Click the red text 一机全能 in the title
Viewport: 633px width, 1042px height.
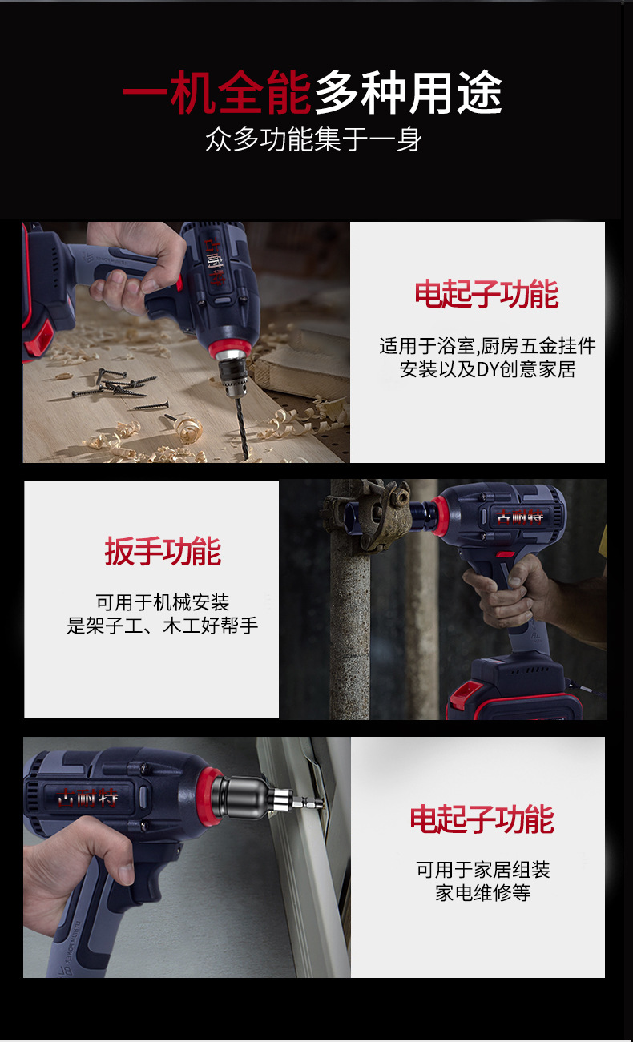point(217,92)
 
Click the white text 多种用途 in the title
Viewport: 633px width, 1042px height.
point(409,92)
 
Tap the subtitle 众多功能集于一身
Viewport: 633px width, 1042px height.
point(314,139)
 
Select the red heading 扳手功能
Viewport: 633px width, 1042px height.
point(163,551)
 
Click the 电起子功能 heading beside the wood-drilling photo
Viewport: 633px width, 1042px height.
point(486,293)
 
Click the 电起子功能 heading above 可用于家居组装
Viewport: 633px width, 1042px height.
point(482,819)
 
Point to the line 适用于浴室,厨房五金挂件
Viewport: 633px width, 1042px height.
point(487,346)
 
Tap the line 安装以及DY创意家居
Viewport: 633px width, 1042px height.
point(487,369)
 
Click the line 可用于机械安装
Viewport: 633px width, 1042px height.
point(163,602)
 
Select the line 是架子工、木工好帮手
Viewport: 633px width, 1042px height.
point(162,626)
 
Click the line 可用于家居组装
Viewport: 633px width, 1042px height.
point(483,870)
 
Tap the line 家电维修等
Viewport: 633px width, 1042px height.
point(483,893)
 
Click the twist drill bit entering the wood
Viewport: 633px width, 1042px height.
point(241,428)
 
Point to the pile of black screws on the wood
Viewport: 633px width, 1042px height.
point(119,388)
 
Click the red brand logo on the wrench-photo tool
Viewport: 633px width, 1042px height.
point(520,517)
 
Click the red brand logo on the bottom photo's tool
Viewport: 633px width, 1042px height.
point(87,798)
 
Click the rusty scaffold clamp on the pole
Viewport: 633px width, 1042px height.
point(368,514)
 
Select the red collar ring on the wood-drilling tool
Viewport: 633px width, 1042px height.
point(229,348)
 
